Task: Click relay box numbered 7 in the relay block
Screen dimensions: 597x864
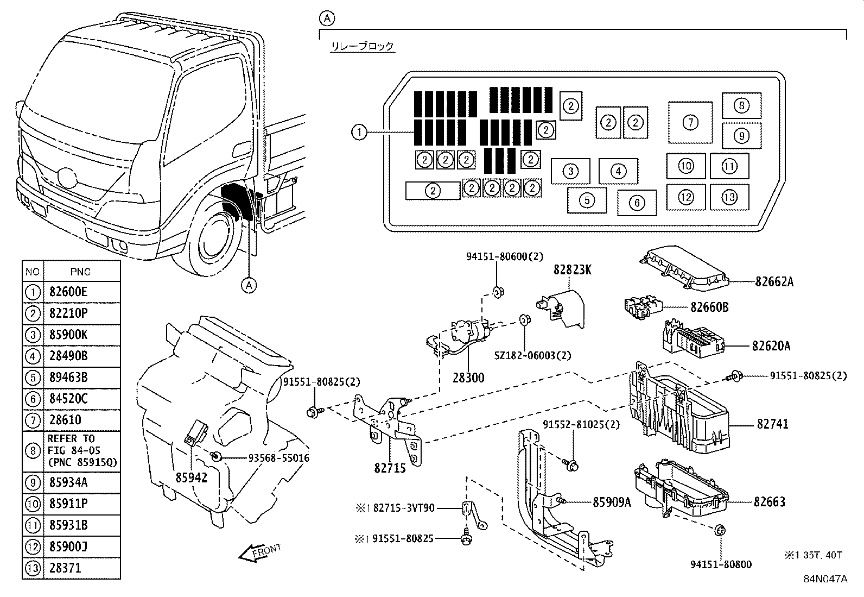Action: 690,122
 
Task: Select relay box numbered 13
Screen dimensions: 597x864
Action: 729,197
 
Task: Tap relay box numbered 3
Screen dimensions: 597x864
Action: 570,171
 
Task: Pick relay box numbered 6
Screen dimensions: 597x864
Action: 637,203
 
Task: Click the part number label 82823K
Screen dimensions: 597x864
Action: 573,269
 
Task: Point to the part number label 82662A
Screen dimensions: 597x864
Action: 774,282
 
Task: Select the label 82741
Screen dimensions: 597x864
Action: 773,424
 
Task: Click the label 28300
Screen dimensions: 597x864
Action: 468,378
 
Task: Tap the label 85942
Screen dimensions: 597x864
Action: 191,477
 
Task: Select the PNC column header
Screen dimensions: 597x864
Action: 80,272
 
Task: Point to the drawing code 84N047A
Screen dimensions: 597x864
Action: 825,579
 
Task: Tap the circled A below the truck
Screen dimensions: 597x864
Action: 249,285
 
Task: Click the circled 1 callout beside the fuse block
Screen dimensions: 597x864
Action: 359,132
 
